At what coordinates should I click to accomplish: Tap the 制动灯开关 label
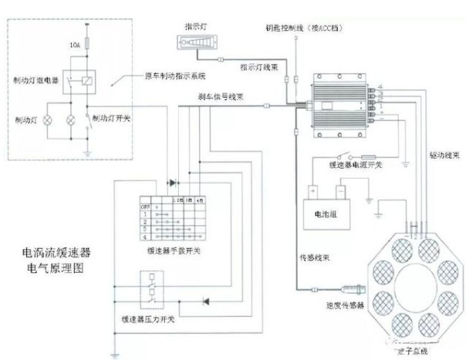pos(110,119)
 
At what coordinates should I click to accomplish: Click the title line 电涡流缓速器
pos(56,253)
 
